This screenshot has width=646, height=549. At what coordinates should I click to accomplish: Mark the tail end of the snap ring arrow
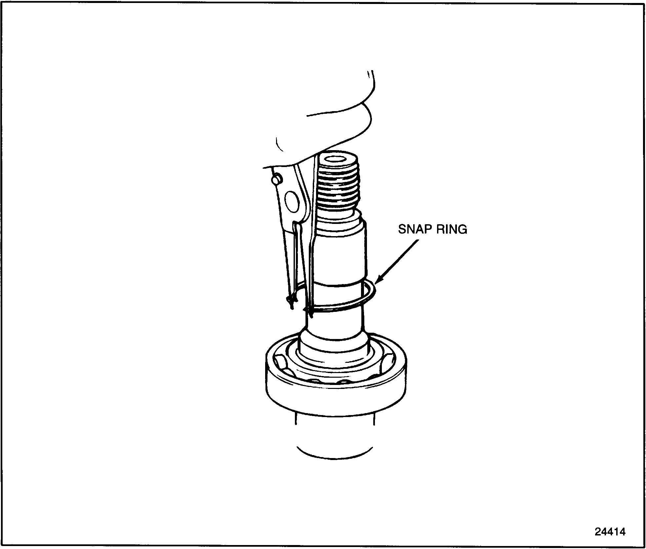coord(417,240)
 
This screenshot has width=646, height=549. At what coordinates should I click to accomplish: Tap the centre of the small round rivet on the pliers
coord(276,179)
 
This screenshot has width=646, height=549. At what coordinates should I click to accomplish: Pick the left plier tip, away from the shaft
coord(291,302)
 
